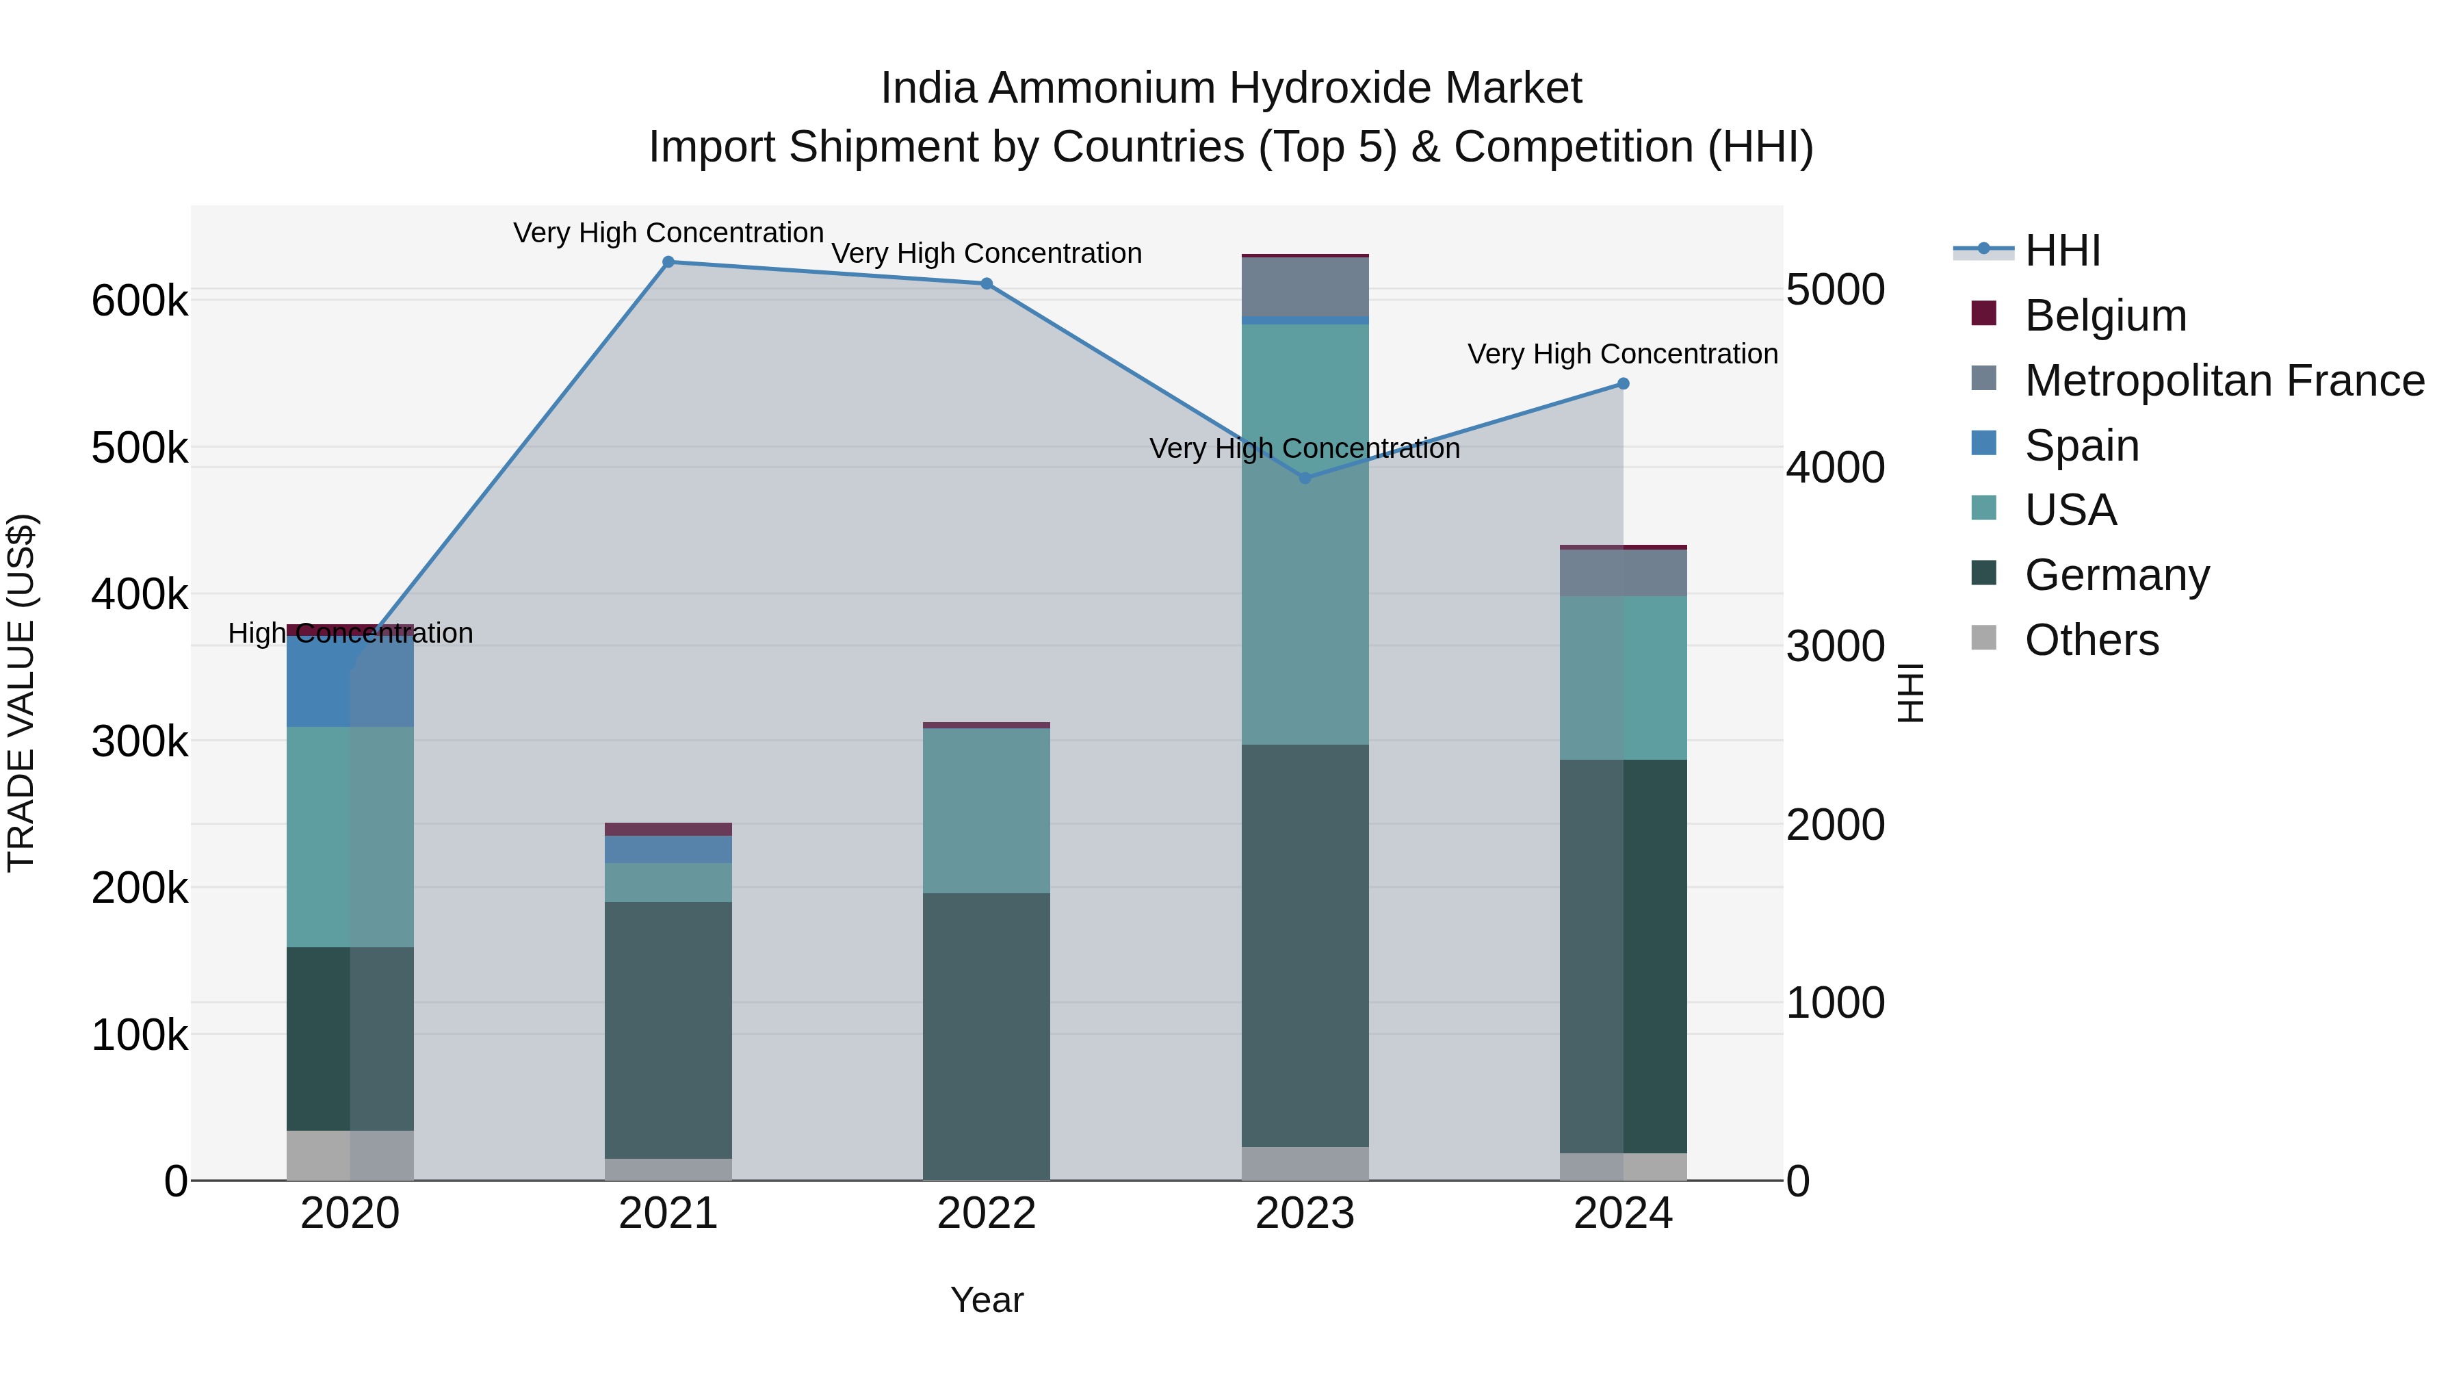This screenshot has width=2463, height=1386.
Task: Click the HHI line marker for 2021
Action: pos(668,262)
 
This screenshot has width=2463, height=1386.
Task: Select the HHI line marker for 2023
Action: pos(1305,477)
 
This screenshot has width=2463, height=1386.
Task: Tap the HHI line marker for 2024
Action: pos(1623,383)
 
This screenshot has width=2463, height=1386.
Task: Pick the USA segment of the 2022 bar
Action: pos(986,810)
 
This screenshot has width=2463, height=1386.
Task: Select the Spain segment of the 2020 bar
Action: pos(350,681)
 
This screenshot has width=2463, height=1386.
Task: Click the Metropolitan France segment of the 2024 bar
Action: pos(1623,573)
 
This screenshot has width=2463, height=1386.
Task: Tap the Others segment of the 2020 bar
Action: pos(350,1155)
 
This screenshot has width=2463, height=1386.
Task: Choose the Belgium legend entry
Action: pos(2104,316)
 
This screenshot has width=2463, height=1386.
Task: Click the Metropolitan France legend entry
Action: pos(2223,381)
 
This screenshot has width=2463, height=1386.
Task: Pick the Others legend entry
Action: pos(2090,640)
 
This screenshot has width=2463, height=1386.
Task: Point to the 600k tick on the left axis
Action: pos(140,301)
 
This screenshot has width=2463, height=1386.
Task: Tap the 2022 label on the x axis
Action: pos(986,1214)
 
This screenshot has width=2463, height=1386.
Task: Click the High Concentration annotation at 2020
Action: pos(350,633)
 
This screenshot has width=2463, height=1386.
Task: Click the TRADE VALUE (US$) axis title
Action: pos(21,693)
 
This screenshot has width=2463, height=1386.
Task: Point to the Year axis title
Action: pos(986,1300)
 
